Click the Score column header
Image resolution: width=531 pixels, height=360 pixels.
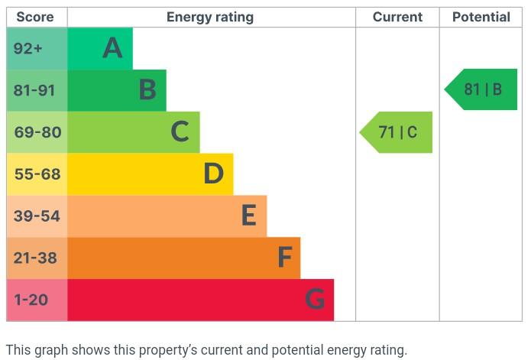coord(37,17)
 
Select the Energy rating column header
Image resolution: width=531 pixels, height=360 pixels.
coord(210,17)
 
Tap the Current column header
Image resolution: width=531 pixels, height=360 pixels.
coord(397,17)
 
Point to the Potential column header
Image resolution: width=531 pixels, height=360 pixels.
coord(481,17)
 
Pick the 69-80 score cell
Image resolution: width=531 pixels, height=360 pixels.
coord(37,132)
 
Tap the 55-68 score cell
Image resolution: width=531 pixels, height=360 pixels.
coord(37,174)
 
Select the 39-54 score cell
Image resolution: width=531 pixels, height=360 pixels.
coord(37,216)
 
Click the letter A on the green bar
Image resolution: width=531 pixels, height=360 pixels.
coord(112,49)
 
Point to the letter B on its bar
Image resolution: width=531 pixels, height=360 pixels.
coord(147,91)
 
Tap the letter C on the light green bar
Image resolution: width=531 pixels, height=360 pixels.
coord(180,132)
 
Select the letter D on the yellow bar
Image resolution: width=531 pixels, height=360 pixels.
coord(213,174)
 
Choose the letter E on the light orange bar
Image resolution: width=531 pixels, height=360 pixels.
coord(248,216)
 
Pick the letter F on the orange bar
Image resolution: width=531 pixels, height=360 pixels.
coord(284,258)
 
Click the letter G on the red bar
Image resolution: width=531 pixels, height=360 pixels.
coord(315,300)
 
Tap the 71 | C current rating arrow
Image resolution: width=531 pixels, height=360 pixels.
coord(397,132)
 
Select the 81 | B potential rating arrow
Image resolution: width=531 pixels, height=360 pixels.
coord(482,89)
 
